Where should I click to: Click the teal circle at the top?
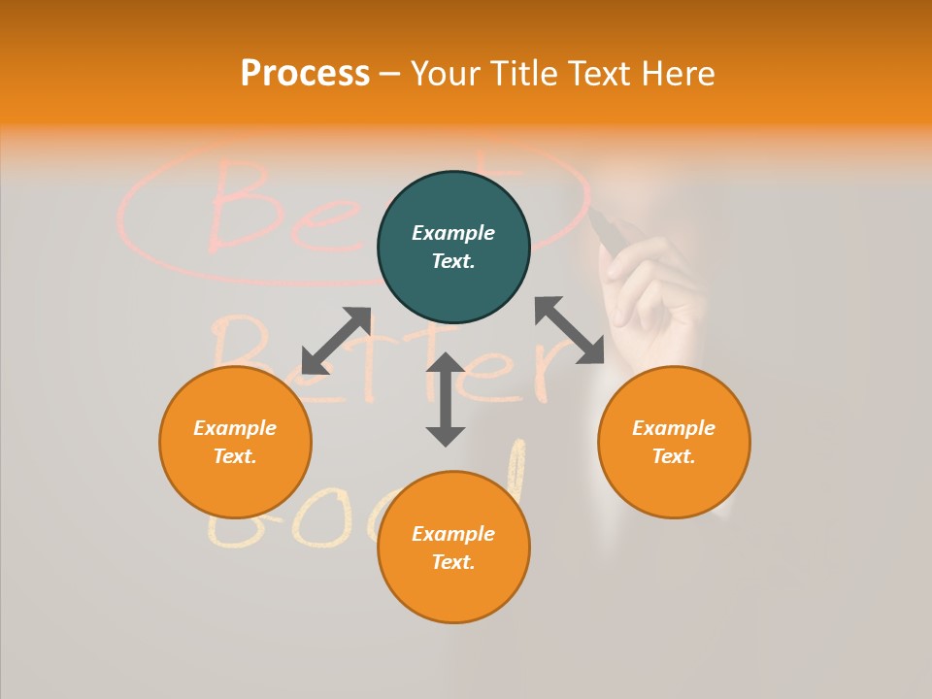tap(453, 248)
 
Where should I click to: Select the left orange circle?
tap(235, 442)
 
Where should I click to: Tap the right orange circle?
tap(674, 442)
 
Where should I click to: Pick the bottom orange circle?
tap(453, 548)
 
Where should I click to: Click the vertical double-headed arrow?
tap(446, 399)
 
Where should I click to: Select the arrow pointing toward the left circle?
tap(336, 341)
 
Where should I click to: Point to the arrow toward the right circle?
tap(569, 330)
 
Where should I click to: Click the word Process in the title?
tap(305, 74)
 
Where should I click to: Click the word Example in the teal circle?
tap(453, 233)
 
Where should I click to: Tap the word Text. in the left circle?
tap(235, 456)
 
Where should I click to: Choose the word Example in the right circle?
tap(674, 428)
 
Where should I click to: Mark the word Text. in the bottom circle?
tap(453, 562)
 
